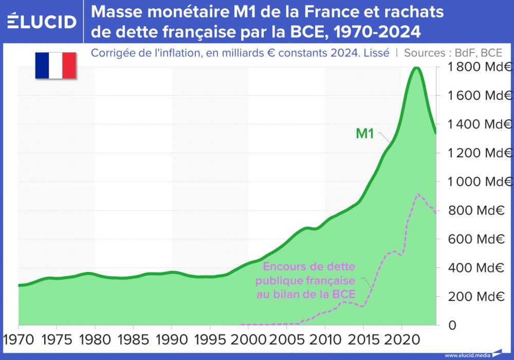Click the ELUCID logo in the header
[42, 21]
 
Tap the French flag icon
[56, 65]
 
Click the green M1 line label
[365, 134]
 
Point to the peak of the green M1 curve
[416, 68]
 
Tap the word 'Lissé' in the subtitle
[377, 52]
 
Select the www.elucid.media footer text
[467, 355]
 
